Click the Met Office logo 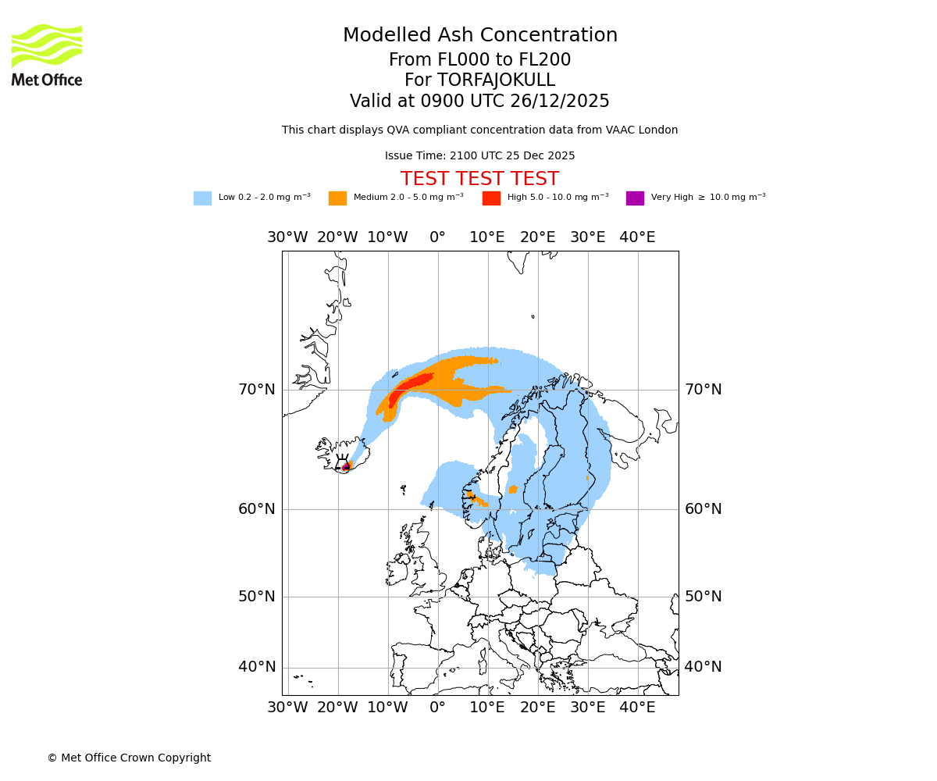47,55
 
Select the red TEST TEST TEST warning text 479,179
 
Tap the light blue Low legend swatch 202,198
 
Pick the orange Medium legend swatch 337,198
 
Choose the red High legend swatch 491,198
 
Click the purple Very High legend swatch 635,198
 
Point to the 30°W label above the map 287,237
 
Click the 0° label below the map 437,708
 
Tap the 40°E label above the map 637,237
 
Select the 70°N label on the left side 257,389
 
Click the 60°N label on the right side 704,509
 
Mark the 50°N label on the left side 257,597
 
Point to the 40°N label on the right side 704,667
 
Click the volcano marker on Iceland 344,467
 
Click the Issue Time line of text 479,155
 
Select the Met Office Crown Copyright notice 129,758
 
